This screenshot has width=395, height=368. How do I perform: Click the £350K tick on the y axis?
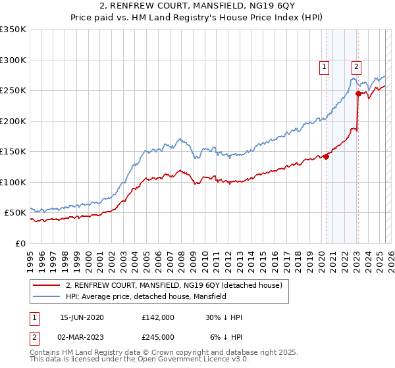(x=13, y=30)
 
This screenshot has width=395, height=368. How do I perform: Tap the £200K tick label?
(x=13, y=121)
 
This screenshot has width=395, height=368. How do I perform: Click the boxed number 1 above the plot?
(x=325, y=66)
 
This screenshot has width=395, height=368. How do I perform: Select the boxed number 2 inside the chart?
(x=356, y=66)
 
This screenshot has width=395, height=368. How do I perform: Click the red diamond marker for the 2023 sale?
(x=358, y=93)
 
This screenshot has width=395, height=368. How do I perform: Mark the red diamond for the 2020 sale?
(x=327, y=156)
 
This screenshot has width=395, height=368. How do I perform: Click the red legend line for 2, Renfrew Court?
(x=47, y=285)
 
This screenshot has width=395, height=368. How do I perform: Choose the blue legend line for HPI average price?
(x=47, y=296)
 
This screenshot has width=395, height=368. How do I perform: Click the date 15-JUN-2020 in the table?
(x=82, y=317)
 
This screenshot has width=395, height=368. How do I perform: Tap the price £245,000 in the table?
(x=157, y=336)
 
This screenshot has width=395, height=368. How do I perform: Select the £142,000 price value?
(x=157, y=317)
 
